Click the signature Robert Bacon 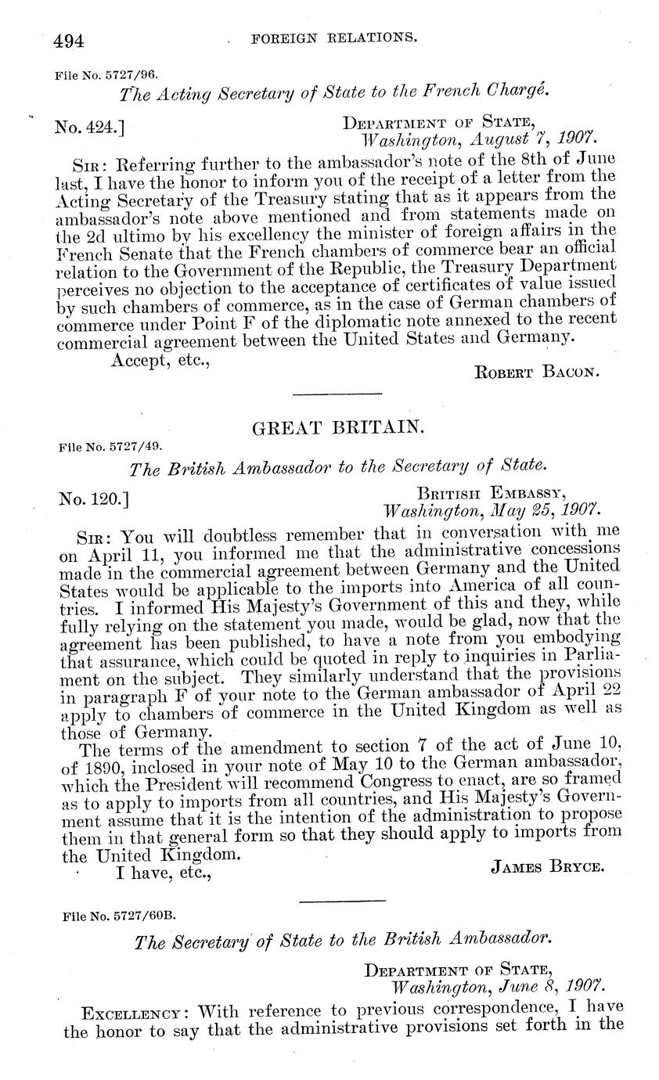[538, 372]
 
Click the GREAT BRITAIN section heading [337, 427]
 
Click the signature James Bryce [547, 866]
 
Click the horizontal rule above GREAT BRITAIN [337, 393]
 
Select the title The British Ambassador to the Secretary [337, 467]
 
